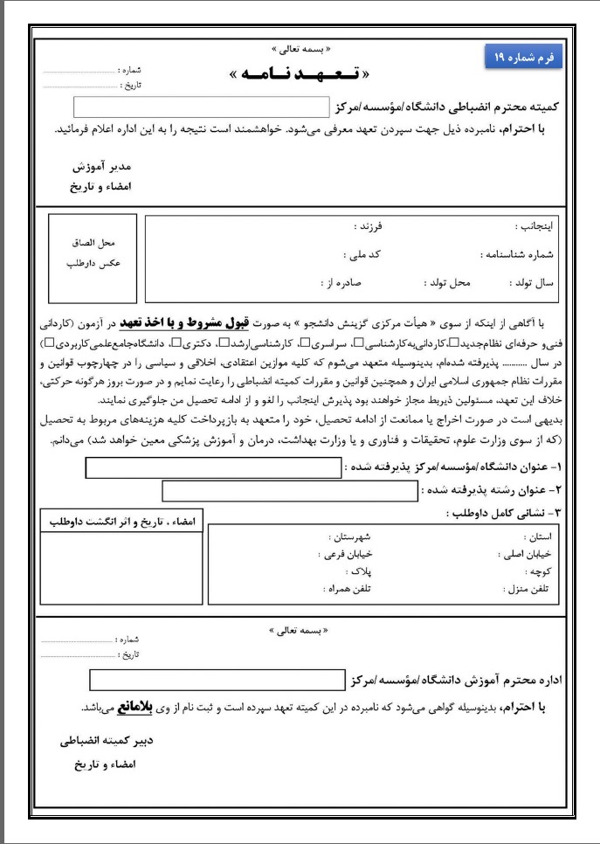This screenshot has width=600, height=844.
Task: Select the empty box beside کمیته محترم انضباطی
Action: point(203,107)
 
